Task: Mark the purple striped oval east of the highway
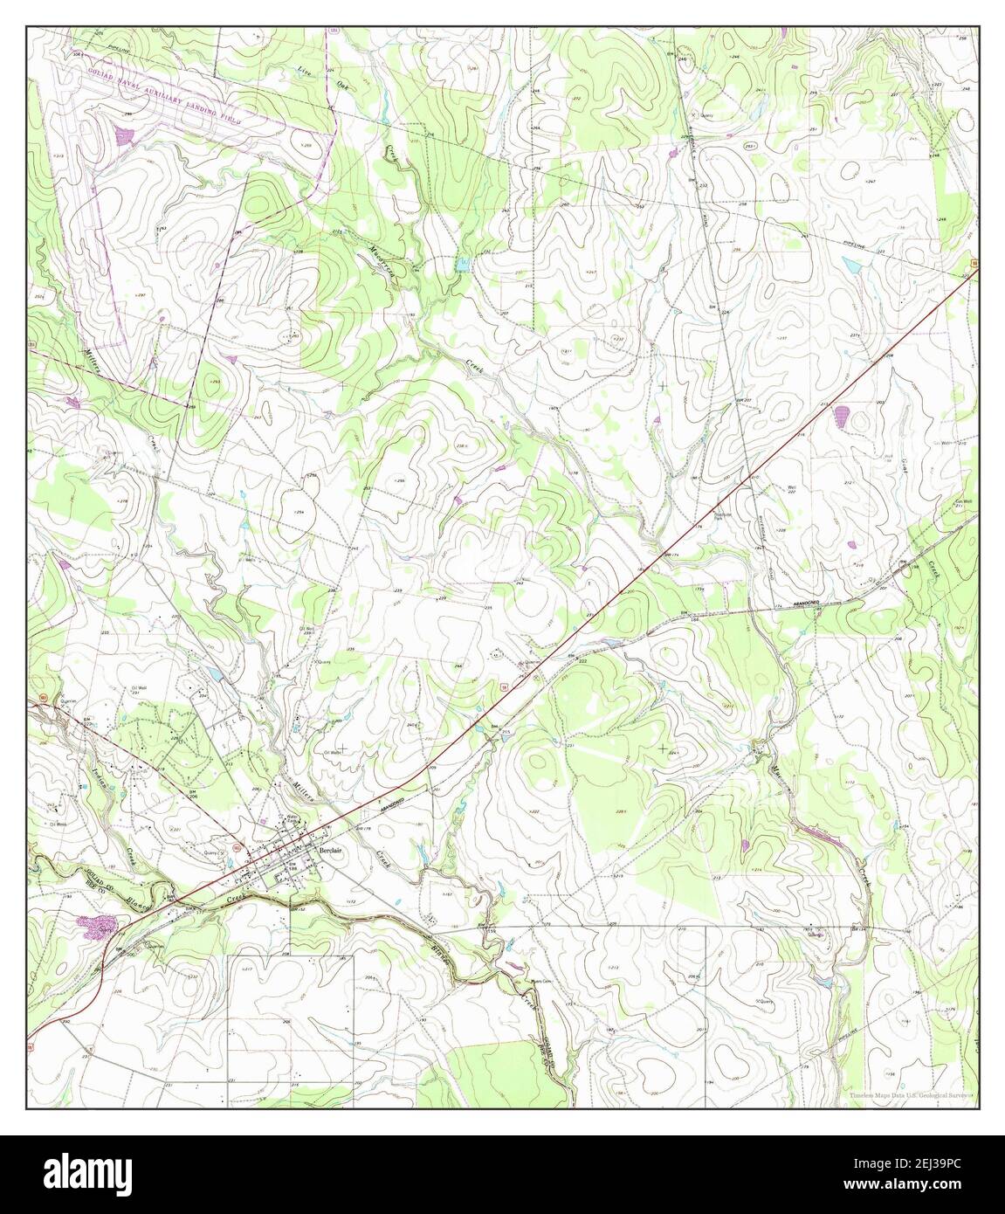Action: pyautogui.click(x=843, y=416)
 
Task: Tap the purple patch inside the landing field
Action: pyautogui.click(x=125, y=135)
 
